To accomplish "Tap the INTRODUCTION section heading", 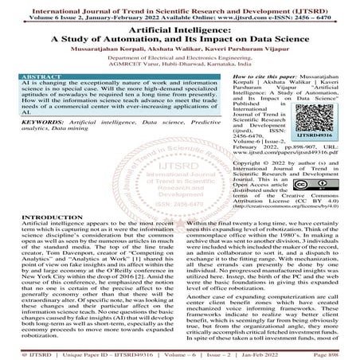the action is pyautogui.click(x=36, y=217).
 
